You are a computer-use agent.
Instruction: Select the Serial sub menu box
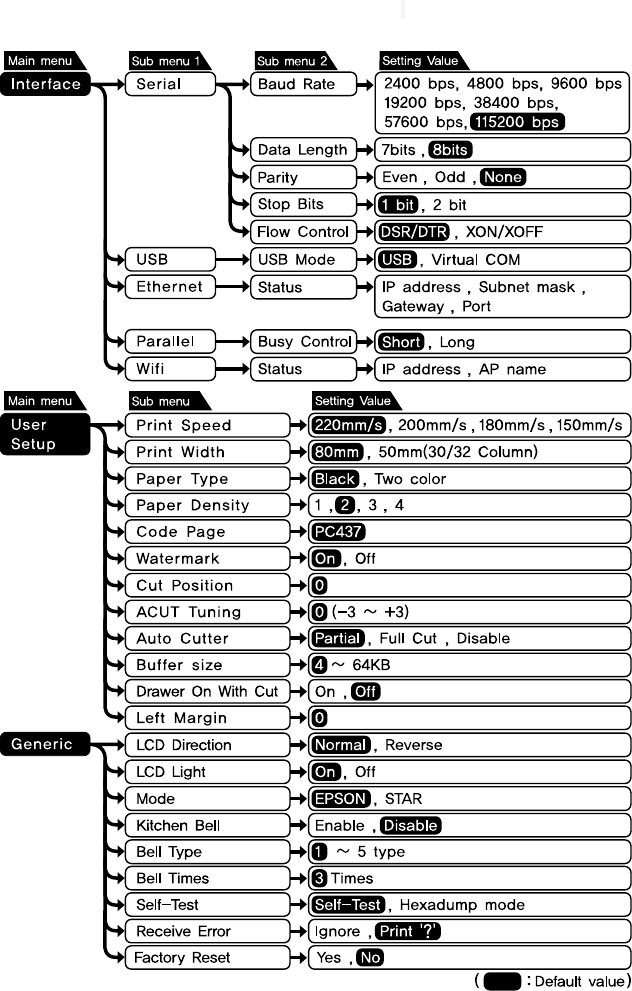tap(167, 85)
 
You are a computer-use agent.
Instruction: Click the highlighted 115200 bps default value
tap(516, 122)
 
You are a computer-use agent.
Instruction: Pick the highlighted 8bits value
tap(449, 150)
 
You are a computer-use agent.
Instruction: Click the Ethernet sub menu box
tap(167, 287)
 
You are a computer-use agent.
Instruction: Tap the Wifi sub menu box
tap(167, 369)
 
